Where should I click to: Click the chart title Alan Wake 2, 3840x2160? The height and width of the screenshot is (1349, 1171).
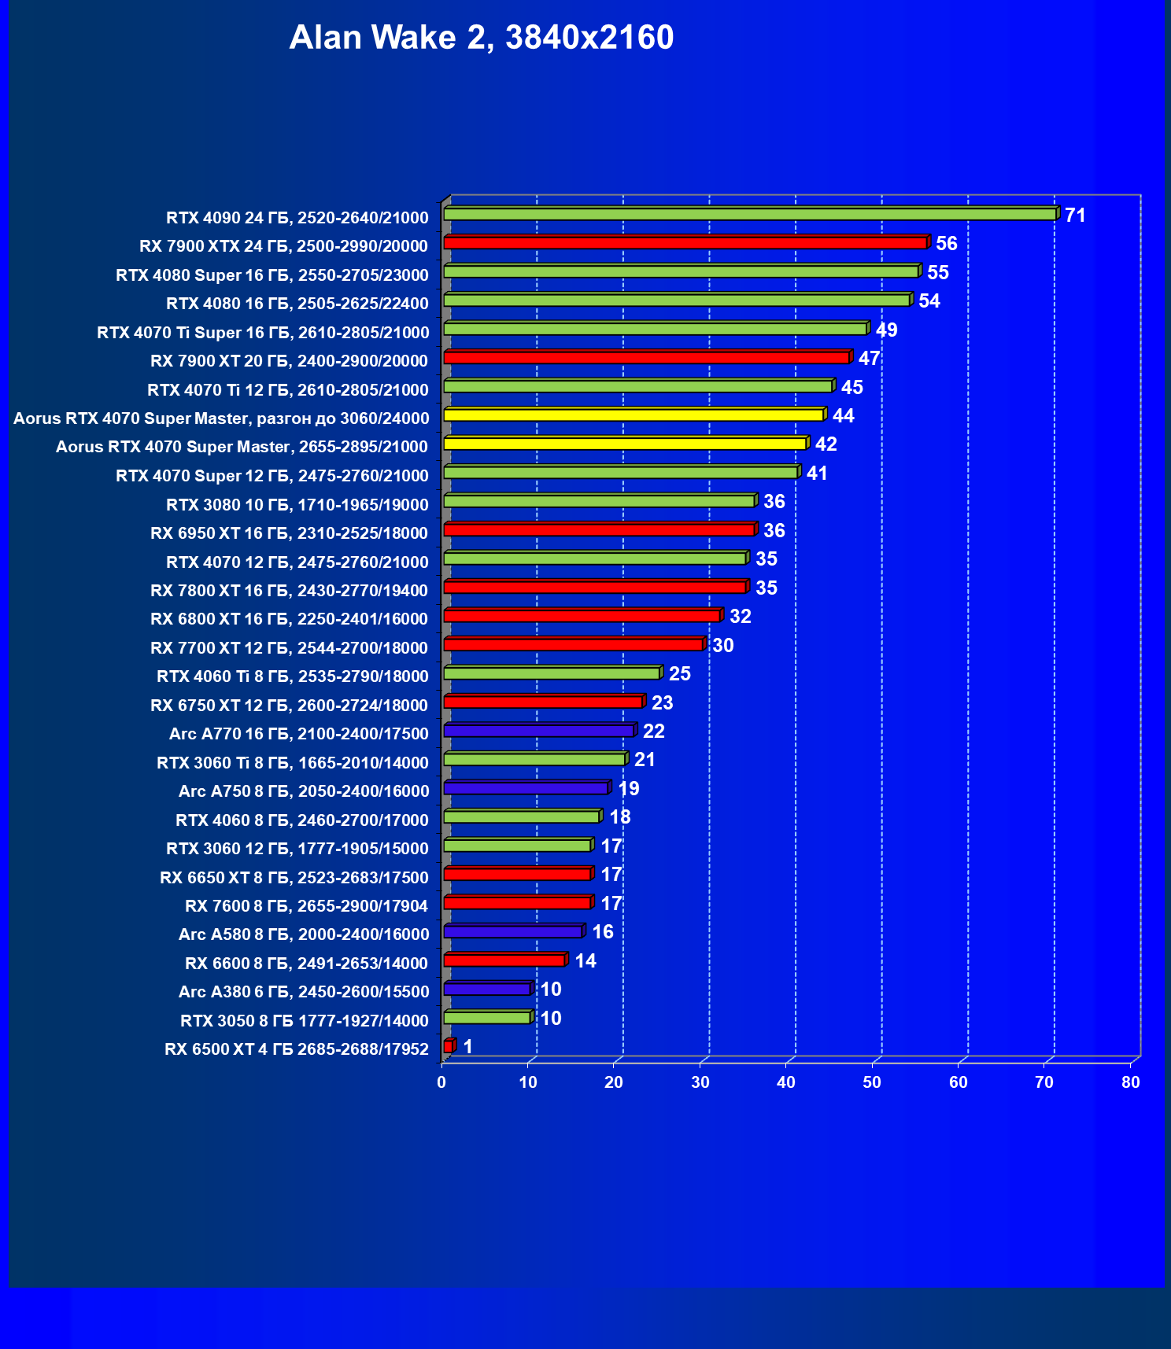click(481, 37)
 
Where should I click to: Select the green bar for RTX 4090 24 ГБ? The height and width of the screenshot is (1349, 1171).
click(749, 214)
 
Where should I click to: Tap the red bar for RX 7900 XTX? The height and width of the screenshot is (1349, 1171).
click(685, 243)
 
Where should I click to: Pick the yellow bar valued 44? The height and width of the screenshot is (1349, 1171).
click(634, 415)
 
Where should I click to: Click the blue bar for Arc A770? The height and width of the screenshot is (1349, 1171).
click(538, 731)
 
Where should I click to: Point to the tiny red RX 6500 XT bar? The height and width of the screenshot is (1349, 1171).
click(449, 1046)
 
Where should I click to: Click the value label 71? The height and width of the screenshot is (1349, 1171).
click(1075, 215)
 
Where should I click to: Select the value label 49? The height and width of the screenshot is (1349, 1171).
click(886, 330)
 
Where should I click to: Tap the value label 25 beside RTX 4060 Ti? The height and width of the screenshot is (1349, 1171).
click(679, 673)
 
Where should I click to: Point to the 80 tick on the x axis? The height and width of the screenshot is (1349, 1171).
click(1130, 1082)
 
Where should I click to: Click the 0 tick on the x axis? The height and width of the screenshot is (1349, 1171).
click(441, 1082)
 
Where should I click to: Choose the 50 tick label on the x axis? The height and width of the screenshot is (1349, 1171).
click(872, 1082)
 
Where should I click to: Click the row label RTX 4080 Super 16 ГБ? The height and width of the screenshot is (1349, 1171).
click(272, 275)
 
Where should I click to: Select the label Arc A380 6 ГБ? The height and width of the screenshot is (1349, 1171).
click(304, 992)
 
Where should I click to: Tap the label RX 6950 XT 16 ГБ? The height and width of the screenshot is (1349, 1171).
click(289, 533)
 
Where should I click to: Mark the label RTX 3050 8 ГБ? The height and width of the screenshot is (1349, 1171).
click(304, 1021)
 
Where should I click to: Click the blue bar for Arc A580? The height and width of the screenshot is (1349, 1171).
click(512, 931)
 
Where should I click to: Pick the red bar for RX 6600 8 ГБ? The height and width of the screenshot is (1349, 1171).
click(504, 960)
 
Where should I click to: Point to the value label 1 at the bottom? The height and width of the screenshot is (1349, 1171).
click(467, 1046)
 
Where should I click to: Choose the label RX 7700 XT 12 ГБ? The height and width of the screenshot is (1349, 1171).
click(289, 648)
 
